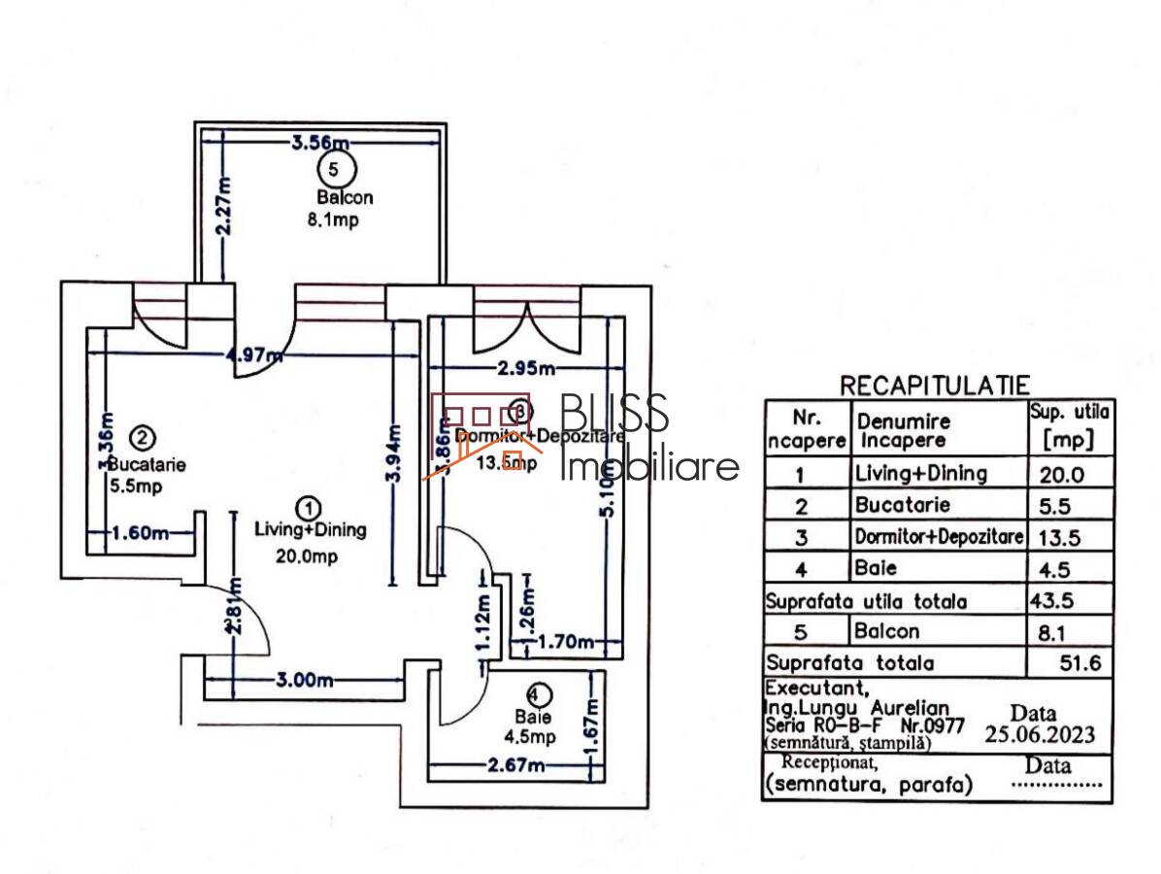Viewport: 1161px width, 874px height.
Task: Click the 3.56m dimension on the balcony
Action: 320,145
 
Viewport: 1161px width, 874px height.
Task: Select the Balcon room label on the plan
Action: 345,197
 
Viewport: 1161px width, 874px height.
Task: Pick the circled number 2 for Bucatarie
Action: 143,439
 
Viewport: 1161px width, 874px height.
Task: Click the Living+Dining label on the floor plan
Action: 310,530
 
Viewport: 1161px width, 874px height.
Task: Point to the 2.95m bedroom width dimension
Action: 525,368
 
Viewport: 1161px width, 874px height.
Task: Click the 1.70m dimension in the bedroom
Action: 566,641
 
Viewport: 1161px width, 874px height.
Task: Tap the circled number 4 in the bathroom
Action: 540,694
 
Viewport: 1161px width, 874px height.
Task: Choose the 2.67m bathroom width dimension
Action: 514,766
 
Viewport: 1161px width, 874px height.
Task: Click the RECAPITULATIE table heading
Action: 935,386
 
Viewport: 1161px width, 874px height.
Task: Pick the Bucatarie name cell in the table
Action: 902,505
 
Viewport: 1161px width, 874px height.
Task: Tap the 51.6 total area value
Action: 1085,663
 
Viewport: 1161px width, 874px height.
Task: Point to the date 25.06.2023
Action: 1040,734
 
